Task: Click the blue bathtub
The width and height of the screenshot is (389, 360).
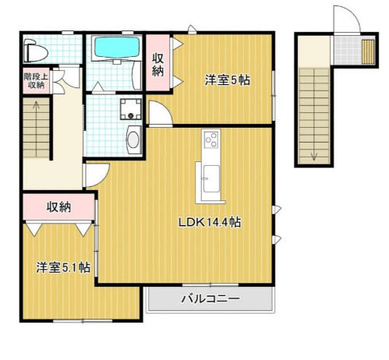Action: [117, 48]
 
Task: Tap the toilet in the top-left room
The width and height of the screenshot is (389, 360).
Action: [35, 51]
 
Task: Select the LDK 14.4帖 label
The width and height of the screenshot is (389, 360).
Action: [210, 222]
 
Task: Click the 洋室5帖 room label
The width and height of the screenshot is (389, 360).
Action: [228, 80]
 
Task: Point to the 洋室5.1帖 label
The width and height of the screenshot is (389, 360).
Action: [63, 267]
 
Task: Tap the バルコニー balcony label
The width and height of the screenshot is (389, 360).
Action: [210, 298]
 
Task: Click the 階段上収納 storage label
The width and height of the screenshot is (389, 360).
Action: [36, 81]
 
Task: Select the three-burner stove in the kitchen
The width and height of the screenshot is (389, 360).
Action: [211, 139]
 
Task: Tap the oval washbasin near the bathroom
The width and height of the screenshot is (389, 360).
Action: [133, 139]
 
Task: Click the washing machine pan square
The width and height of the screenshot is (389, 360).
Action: [131, 109]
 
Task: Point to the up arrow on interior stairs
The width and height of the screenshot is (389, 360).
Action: [36, 107]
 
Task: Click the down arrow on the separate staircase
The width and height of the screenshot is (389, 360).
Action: [314, 155]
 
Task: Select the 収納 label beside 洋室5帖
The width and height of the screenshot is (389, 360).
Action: [157, 64]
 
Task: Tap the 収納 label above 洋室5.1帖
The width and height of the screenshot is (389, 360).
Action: [58, 207]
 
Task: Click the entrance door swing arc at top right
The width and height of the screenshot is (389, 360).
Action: [351, 15]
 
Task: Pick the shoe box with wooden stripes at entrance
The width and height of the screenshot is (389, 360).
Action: [368, 51]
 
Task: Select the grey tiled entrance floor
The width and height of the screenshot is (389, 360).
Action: [348, 50]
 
